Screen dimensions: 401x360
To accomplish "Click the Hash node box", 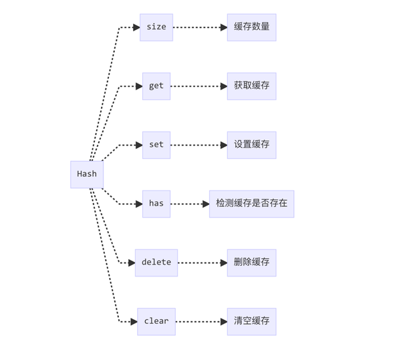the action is [x=87, y=174].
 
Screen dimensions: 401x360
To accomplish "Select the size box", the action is [x=156, y=27].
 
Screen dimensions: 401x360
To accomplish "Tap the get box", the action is [x=156, y=86].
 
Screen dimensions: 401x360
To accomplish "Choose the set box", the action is [x=156, y=145].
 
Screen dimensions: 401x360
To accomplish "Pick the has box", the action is [x=156, y=204].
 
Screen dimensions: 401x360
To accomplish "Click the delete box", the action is [x=156, y=263].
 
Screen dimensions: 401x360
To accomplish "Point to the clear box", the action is [x=156, y=322].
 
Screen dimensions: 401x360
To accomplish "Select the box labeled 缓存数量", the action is [x=252, y=27].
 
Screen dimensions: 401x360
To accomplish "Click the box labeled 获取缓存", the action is [x=252, y=86].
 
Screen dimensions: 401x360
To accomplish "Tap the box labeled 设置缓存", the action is [x=252, y=145].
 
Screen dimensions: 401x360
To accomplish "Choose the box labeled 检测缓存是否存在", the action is [x=252, y=204].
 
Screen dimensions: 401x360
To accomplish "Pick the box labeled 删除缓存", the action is [x=252, y=263].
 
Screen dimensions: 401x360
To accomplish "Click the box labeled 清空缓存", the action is [x=252, y=322].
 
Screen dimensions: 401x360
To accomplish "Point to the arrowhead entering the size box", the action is [x=136, y=27].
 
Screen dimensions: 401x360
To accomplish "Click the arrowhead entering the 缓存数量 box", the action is [x=224, y=27].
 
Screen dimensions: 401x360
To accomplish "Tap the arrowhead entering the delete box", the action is [x=132, y=263].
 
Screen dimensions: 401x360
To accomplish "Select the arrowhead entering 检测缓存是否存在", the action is [x=206, y=204].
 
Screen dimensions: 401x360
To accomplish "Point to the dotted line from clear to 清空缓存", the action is [x=198, y=322].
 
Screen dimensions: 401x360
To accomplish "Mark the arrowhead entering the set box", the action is [x=139, y=145].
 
